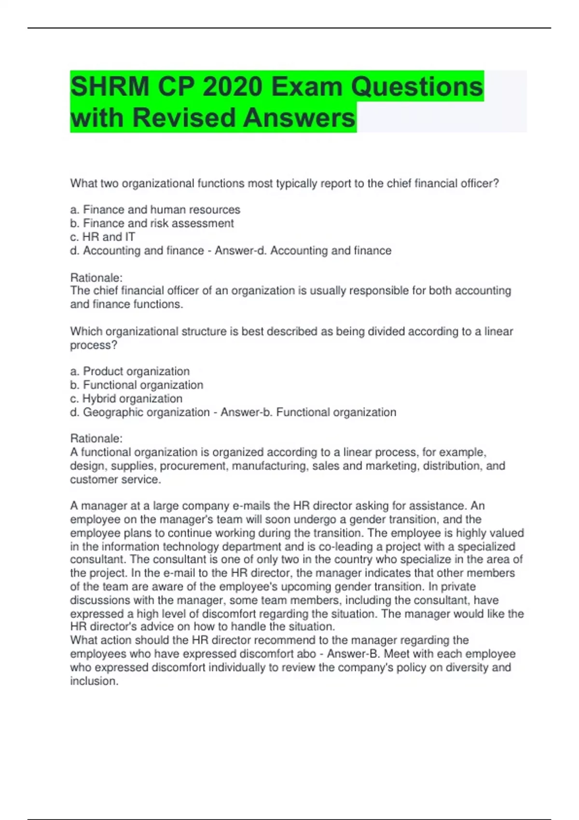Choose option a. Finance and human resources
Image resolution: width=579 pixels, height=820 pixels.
[x=155, y=210]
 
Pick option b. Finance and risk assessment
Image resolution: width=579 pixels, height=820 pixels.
[x=152, y=223]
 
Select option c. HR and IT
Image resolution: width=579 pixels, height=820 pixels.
[x=103, y=237]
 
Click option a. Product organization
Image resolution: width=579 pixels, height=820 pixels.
[x=130, y=371]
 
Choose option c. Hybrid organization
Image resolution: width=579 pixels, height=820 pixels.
[x=126, y=398]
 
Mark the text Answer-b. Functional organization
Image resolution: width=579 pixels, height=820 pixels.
[x=308, y=412]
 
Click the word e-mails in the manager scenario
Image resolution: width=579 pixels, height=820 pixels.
[x=251, y=506]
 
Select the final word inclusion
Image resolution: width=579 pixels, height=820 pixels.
[x=93, y=681]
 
